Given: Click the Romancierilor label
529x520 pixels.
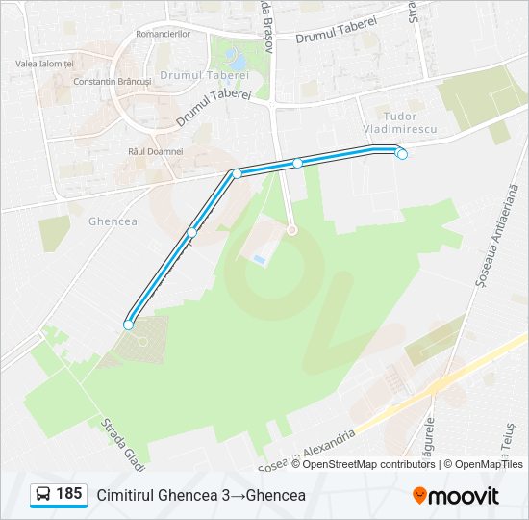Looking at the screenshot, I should [164, 34].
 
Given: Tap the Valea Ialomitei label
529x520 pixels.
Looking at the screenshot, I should [45, 64].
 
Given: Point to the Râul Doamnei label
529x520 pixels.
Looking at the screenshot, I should [155, 152].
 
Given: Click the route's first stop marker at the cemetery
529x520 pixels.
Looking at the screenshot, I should [128, 325].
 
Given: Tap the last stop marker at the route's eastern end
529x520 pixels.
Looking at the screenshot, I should [402, 154].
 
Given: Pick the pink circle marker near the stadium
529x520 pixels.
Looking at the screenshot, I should [292, 229].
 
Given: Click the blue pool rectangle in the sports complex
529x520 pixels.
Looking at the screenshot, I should [260, 260].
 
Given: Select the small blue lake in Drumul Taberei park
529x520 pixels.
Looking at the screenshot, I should [237, 61].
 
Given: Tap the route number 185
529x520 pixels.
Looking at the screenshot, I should [68, 494].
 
